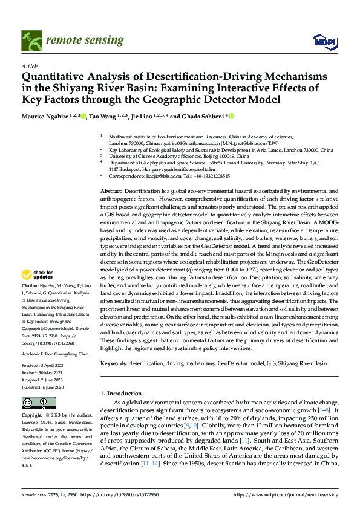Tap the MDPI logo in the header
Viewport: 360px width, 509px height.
pos(322,41)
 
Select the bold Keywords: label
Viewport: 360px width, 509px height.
pos(114,363)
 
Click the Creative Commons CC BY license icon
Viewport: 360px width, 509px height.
pos(38,403)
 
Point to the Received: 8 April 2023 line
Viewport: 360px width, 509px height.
pos(44,365)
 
